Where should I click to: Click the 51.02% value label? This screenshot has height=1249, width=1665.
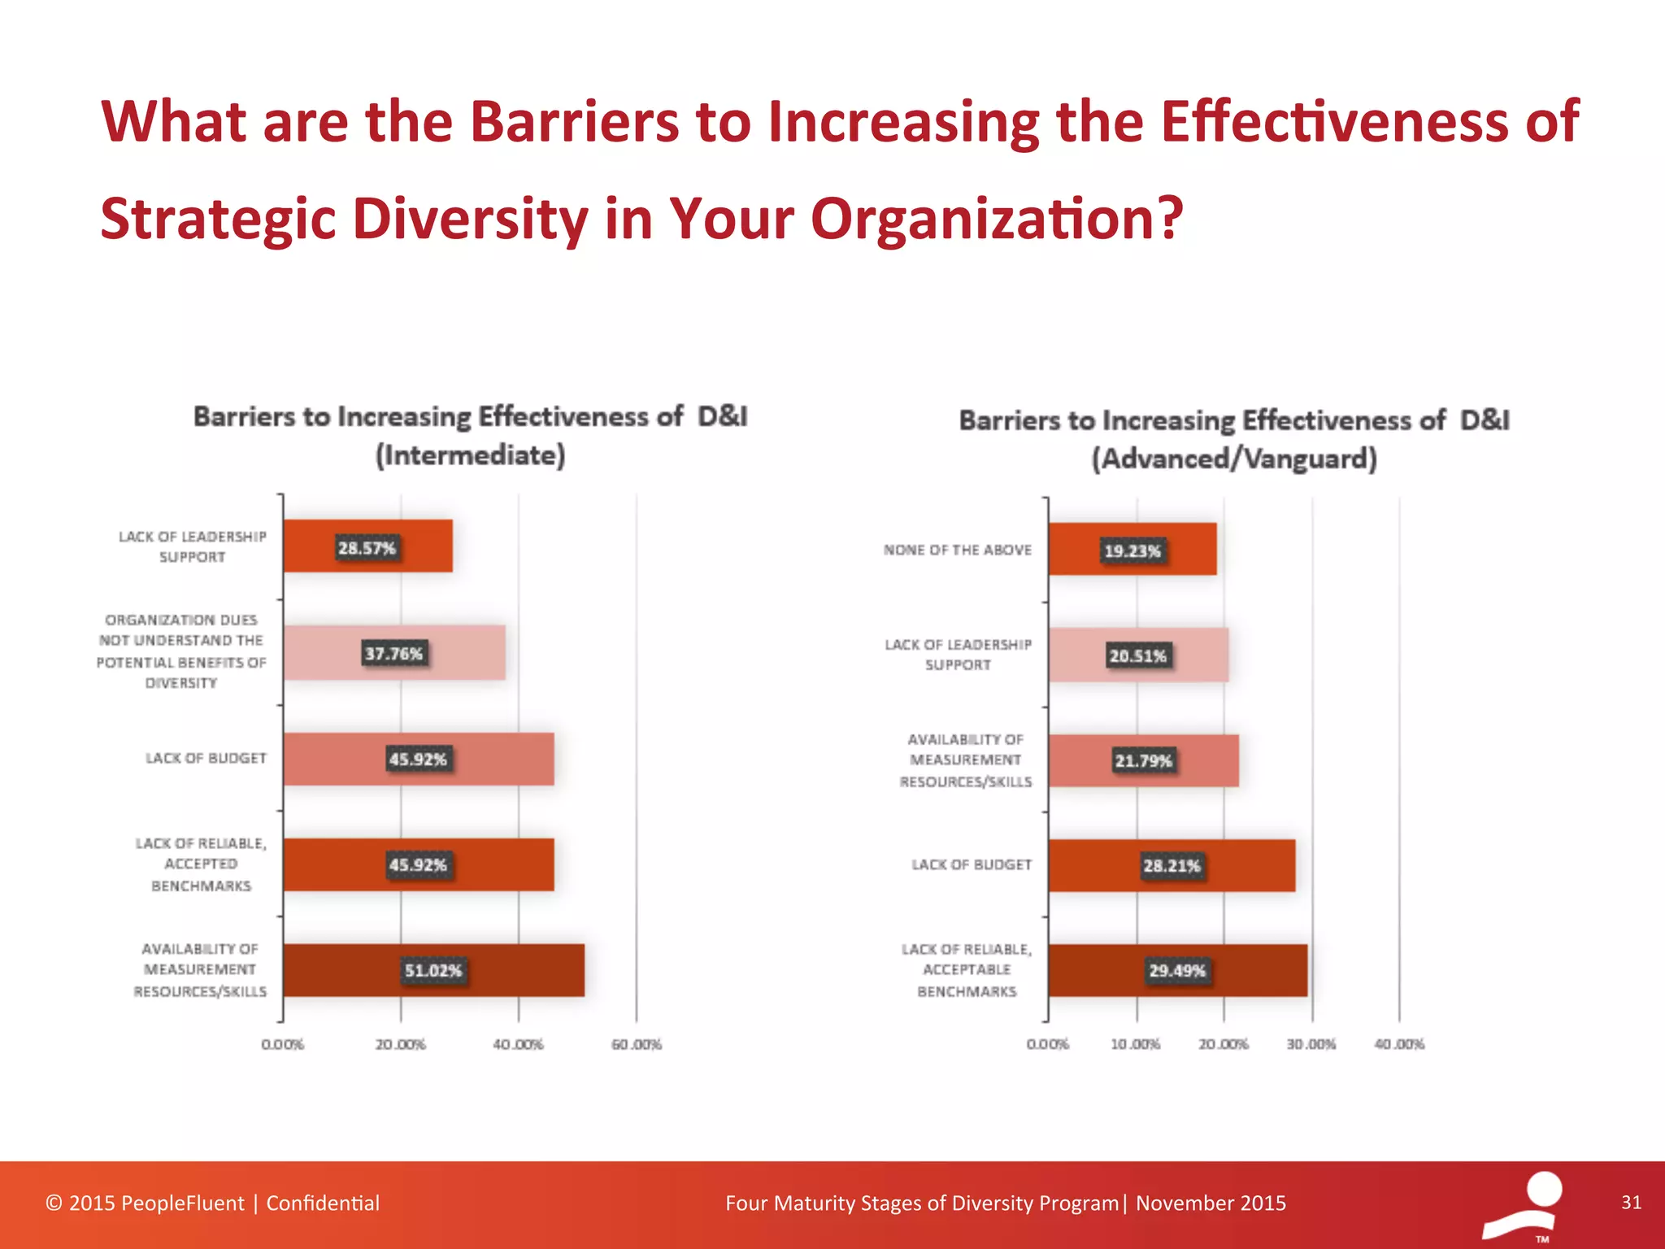(x=433, y=970)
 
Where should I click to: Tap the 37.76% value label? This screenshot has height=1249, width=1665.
(x=393, y=653)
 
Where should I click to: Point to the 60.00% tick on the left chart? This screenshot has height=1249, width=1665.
(x=636, y=1044)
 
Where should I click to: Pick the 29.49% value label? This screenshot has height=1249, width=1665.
(x=1176, y=970)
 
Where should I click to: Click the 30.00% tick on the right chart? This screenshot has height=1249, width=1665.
(x=1311, y=1044)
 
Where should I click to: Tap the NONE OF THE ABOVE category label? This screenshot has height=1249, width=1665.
(x=957, y=551)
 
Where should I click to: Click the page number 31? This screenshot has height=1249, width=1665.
(x=1631, y=1203)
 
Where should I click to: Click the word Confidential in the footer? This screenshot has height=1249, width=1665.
(x=323, y=1203)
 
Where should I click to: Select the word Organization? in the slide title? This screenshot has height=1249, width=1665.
(x=997, y=220)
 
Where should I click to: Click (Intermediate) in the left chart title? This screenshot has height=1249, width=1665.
(x=470, y=455)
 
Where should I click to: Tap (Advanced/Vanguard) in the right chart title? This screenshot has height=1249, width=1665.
(x=1233, y=459)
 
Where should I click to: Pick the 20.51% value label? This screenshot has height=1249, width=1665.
(x=1137, y=655)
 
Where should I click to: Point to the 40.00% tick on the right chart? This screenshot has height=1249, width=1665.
(x=1398, y=1044)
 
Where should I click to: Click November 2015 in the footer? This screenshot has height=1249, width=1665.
(x=1211, y=1203)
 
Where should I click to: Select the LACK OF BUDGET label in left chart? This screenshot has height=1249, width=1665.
(x=206, y=759)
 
